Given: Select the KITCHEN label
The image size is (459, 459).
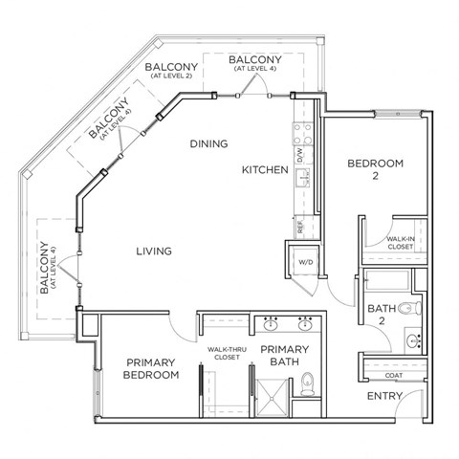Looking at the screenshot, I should click(264, 169).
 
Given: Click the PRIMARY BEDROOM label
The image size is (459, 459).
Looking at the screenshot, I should click(151, 368).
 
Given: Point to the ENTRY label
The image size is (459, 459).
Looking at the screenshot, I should click(385, 395).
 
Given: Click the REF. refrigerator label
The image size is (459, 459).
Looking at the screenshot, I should click(298, 227).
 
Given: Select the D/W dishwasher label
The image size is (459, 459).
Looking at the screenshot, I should click(298, 152).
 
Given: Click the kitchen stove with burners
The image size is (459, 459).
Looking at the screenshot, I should click(297, 125).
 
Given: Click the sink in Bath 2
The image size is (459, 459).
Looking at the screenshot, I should click(412, 339).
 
